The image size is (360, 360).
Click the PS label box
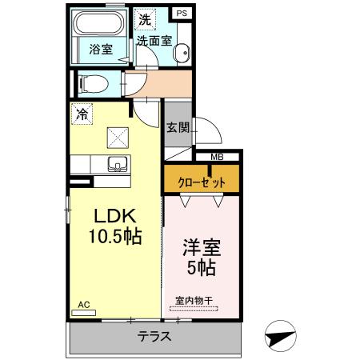pos(182,14)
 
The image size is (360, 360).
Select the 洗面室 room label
pos(154,40)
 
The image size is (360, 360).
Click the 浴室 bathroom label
pos(101,49)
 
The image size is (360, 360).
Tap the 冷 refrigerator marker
pos(81,114)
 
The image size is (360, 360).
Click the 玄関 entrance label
pos(178,128)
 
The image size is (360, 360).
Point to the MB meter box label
pos(216,157)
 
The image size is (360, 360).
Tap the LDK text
pos(115,218)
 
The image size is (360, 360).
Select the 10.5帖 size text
pos(115,238)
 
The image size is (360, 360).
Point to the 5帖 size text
pos(202,267)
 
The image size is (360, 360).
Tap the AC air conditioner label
pos(85,303)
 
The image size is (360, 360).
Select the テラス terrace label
pos(154,336)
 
